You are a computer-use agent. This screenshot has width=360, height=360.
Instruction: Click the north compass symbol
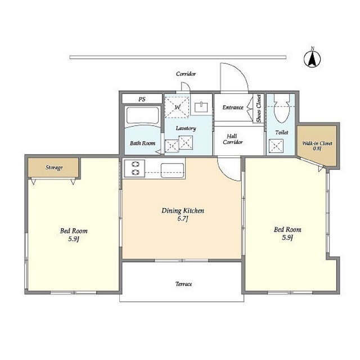click(312, 58)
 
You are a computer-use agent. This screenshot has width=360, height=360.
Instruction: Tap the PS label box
click(142, 99)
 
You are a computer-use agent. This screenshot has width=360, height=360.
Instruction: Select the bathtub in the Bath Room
click(142, 116)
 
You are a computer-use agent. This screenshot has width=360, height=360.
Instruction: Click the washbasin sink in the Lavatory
click(201, 107)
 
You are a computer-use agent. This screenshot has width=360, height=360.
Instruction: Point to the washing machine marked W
click(177, 107)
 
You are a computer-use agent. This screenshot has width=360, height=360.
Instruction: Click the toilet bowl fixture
click(281, 109)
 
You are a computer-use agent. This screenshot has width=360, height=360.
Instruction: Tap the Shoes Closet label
click(259, 108)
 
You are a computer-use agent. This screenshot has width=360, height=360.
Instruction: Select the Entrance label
click(233, 107)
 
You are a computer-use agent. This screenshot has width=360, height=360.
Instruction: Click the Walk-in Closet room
click(317, 146)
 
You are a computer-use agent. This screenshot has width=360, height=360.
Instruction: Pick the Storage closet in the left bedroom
click(54, 168)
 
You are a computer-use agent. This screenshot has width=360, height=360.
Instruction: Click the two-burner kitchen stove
click(134, 168)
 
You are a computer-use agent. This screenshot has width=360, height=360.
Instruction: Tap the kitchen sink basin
click(173, 170)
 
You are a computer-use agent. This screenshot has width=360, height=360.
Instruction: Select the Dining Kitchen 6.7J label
click(183, 214)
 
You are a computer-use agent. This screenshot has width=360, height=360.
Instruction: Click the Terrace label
click(183, 284)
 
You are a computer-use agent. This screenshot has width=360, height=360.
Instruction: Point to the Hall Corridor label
click(232, 139)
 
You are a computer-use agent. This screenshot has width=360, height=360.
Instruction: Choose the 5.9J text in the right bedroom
click(287, 237)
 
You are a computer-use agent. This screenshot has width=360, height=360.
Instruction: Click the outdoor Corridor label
click(186, 74)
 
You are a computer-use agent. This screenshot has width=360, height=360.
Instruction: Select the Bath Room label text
click(142, 143)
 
